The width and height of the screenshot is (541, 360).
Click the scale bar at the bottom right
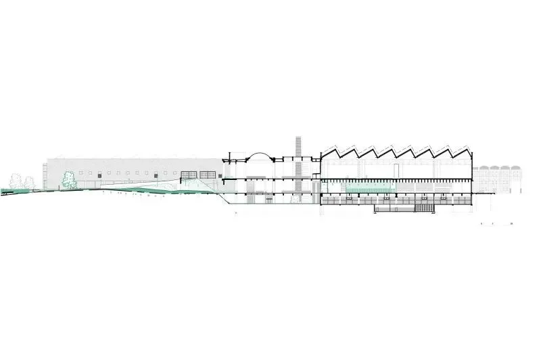[x=497, y=223]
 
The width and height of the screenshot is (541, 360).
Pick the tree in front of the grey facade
[x=68, y=179]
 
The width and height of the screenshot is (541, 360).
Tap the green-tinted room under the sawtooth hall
[x=369, y=186]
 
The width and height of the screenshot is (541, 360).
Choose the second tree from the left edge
[x=29, y=181]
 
